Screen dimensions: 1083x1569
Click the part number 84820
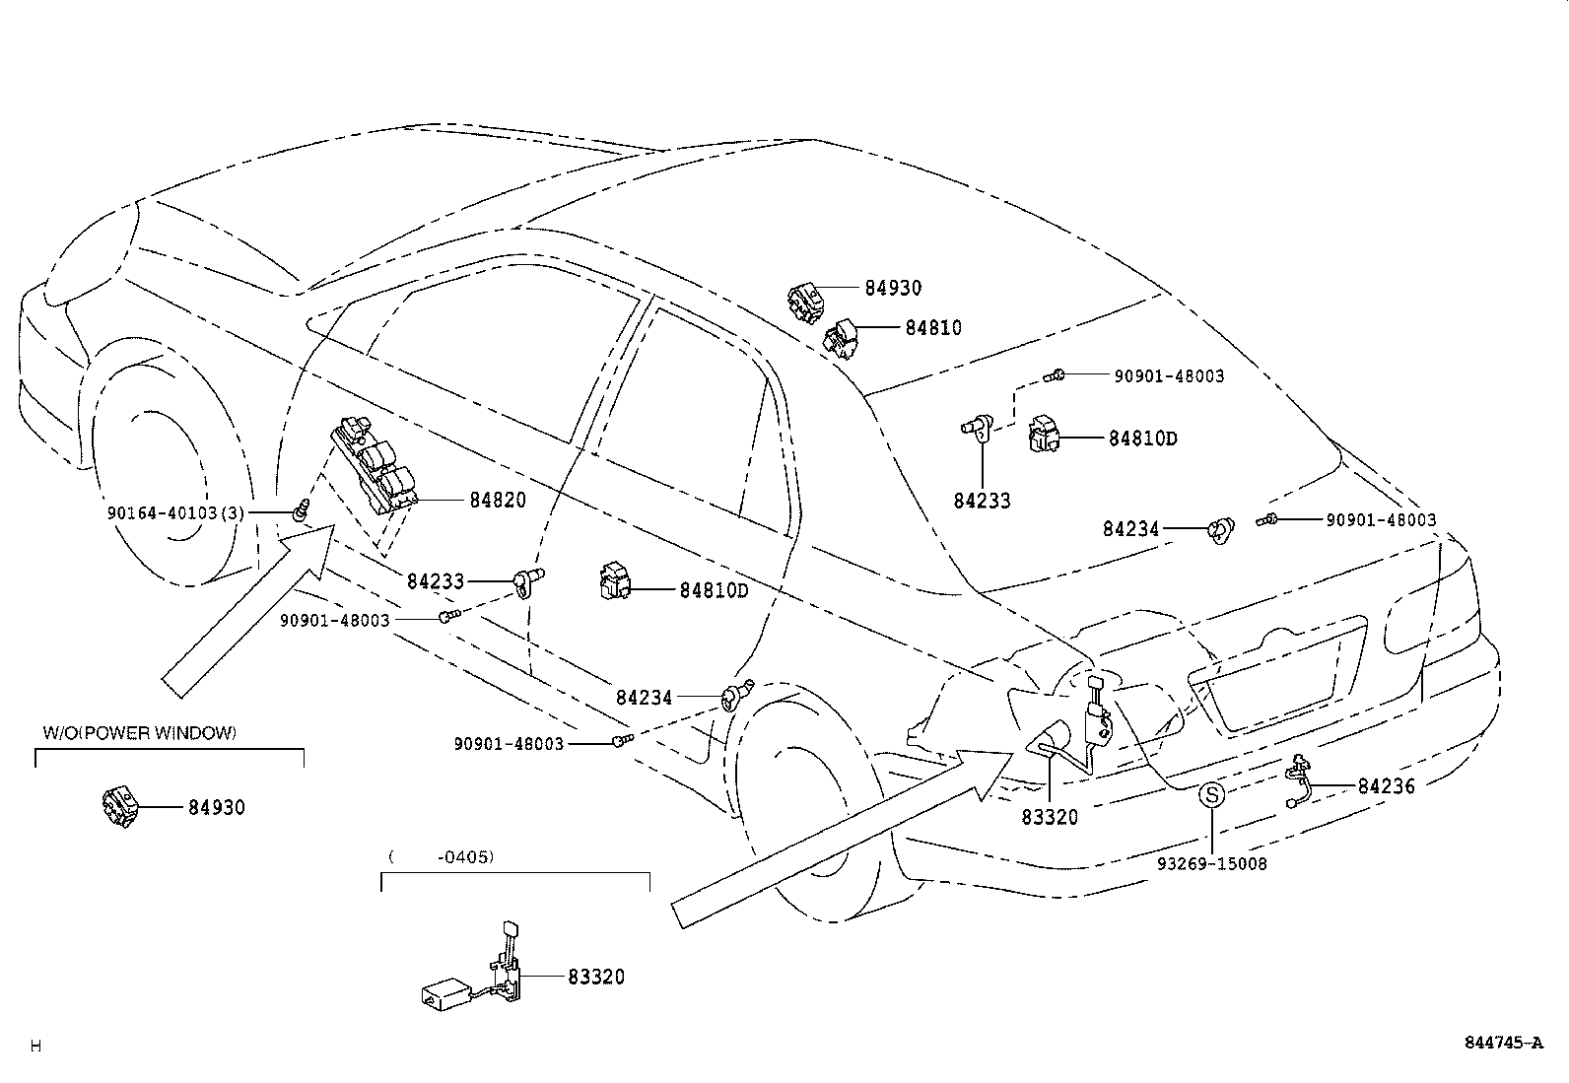pyautogui.click(x=498, y=501)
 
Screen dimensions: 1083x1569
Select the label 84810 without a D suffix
pyautogui.click(x=933, y=328)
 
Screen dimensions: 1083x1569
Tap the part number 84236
pyautogui.click(x=1386, y=786)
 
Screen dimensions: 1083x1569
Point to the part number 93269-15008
pyautogui.click(x=1211, y=864)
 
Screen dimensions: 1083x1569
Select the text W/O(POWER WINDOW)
pyautogui.click(x=140, y=733)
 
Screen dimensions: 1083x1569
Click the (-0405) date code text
pyautogui.click(x=442, y=856)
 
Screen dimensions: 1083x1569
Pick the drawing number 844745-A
pyautogui.click(x=1503, y=1043)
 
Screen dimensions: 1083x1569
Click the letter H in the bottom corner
pyautogui.click(x=36, y=1047)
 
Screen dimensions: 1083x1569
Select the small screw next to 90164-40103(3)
pyautogui.click(x=302, y=509)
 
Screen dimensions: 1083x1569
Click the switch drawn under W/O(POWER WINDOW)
pyautogui.click(x=120, y=804)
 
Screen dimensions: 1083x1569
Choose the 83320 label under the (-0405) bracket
pyautogui.click(x=595, y=978)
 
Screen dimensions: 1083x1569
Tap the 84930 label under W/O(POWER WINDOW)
pyautogui.click(x=217, y=808)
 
